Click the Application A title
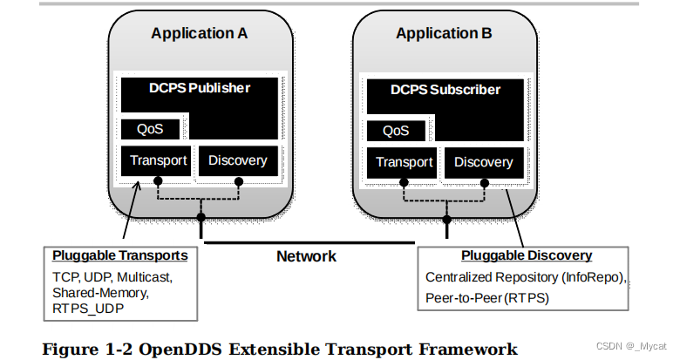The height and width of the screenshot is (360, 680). click(200, 33)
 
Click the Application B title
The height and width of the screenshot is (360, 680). click(444, 33)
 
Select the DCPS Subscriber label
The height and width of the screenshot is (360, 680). click(445, 90)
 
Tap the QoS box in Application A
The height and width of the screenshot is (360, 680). click(151, 130)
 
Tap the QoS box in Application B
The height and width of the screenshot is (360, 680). click(396, 132)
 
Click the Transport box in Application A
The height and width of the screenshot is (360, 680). click(159, 160)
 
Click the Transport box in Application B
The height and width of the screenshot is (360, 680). click(405, 162)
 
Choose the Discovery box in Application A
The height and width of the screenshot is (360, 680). click(238, 160)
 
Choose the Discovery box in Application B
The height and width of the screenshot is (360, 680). click(483, 162)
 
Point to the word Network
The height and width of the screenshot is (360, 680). click(306, 256)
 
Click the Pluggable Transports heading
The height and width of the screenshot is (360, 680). click(119, 255)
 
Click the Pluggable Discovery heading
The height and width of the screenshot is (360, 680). click(526, 255)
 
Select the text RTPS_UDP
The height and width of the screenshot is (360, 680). click(88, 309)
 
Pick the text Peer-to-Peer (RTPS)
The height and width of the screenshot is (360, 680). click(487, 297)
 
